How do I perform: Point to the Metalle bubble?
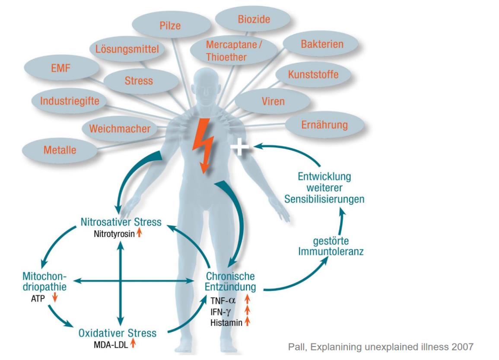pos(60,151)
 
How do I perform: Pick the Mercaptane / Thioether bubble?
pos(235,51)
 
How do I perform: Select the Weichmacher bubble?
pos(120,128)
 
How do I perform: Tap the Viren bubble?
pos(273,102)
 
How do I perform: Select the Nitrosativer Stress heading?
pos(121,222)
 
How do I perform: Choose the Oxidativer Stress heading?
pos(118,334)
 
